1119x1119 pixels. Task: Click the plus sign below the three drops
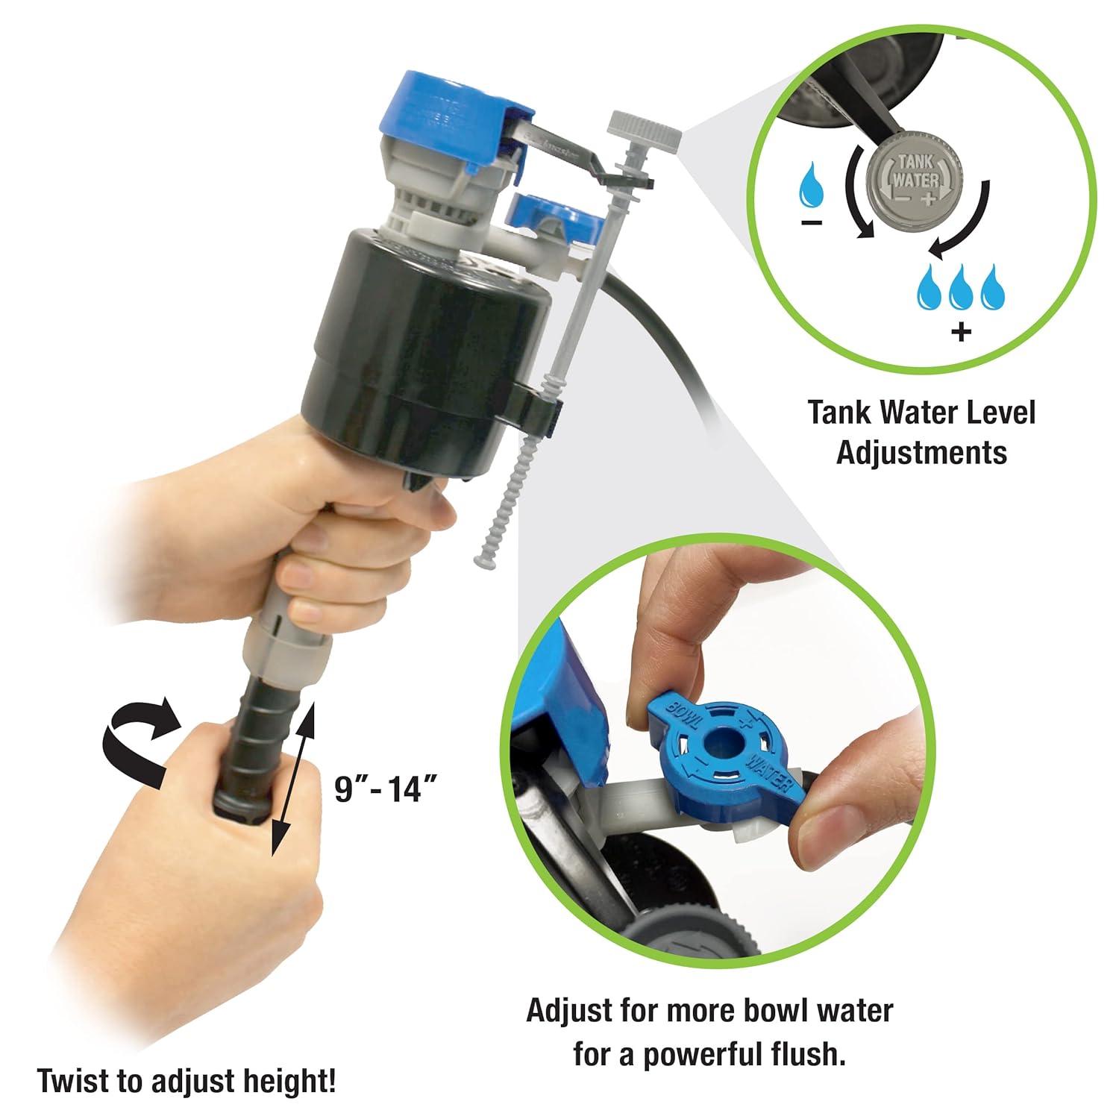(962, 330)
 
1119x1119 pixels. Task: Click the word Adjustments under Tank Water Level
(922, 453)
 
